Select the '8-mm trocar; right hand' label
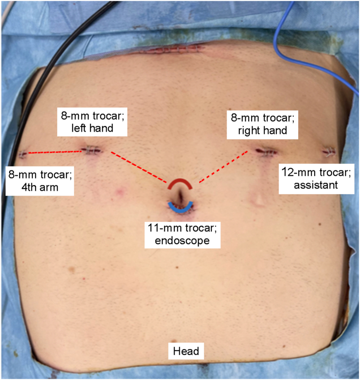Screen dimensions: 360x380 (262, 123)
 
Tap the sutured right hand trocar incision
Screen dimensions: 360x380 (265, 150)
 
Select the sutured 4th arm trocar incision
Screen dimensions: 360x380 (23, 154)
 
